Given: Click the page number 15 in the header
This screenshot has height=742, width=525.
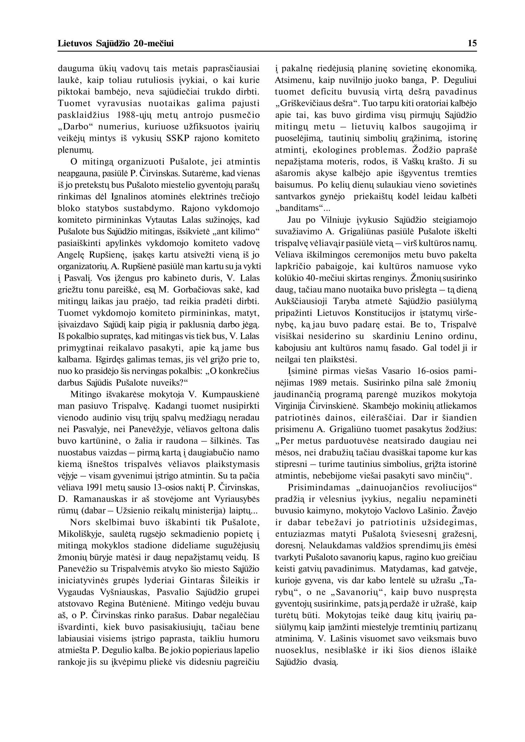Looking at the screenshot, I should click(472, 43).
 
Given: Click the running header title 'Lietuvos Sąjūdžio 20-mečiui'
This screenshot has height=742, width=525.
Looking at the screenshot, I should click(115, 43).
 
